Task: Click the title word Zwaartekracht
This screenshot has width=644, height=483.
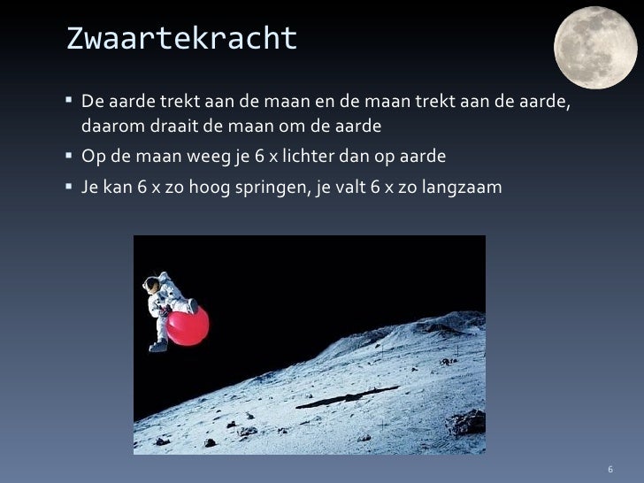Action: point(181,39)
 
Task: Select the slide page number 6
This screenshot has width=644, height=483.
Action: point(609,466)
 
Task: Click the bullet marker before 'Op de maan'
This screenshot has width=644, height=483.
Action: point(70,157)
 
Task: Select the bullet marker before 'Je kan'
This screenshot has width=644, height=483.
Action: point(70,188)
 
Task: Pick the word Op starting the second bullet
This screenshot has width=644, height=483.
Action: point(91,157)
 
